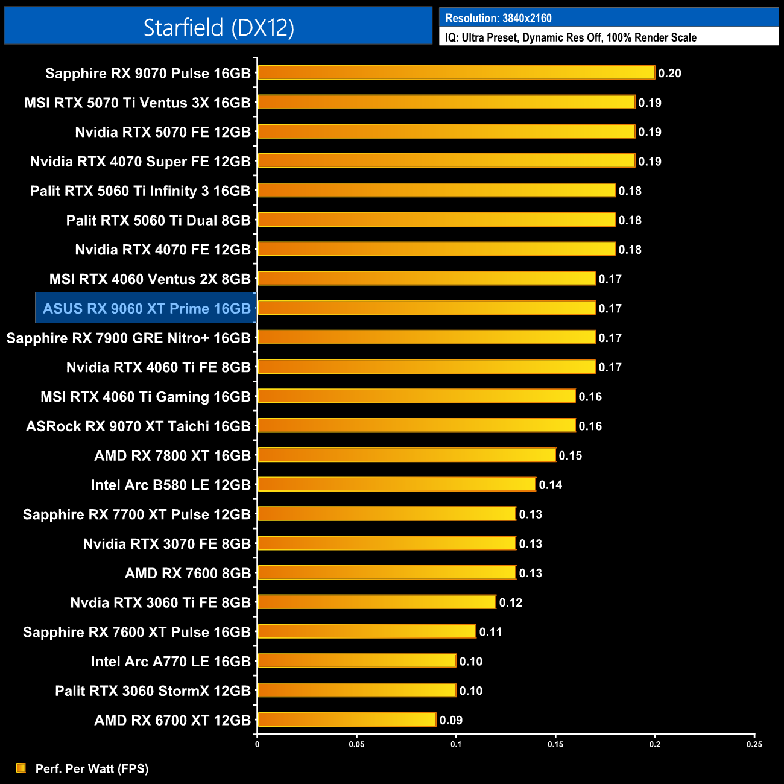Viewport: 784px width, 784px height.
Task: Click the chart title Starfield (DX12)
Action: click(218, 27)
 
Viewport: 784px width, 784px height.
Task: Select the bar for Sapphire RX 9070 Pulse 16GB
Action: click(456, 73)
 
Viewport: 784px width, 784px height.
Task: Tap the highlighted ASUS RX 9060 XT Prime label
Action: click(147, 308)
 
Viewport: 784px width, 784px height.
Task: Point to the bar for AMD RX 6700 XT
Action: click(347, 719)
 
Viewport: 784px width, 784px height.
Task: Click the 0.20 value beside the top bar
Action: click(669, 73)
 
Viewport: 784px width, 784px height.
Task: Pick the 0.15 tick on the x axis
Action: click(555, 744)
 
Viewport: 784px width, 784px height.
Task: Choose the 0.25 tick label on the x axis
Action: click(754, 744)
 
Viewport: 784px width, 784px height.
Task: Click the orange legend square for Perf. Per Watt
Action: click(21, 768)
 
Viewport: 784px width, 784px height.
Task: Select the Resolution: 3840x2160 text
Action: click(498, 18)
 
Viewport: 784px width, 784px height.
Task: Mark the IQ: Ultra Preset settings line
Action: click(571, 37)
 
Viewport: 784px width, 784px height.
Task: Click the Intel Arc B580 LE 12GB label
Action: click(171, 485)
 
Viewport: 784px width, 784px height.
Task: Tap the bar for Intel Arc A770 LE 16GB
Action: click(356, 661)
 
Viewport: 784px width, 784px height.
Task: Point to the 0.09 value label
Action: click(450, 720)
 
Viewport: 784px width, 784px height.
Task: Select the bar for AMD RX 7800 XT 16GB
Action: click(406, 455)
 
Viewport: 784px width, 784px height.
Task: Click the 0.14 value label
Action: click(550, 485)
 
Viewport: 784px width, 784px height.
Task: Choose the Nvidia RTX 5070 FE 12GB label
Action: click(163, 132)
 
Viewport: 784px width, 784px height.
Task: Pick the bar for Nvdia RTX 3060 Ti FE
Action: click(376, 602)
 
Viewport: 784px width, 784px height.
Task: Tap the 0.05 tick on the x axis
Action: click(356, 744)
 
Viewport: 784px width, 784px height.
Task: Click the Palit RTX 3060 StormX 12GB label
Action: click(153, 691)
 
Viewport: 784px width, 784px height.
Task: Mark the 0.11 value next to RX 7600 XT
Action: click(490, 632)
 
